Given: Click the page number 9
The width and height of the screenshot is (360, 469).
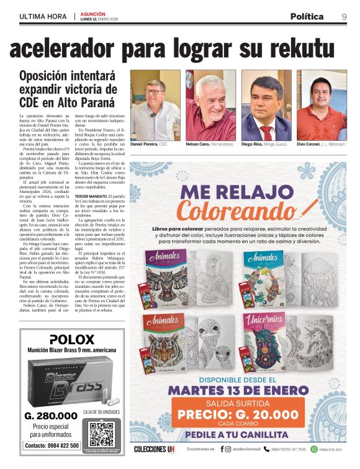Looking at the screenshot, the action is tap(344, 16).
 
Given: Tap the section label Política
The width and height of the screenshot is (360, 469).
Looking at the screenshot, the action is tap(307, 16).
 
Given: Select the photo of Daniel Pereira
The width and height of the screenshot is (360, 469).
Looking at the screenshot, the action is tap(155, 105).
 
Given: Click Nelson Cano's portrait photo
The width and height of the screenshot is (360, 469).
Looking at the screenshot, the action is tap(210, 105).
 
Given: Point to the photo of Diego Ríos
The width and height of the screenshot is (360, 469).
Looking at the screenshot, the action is tap(266, 105).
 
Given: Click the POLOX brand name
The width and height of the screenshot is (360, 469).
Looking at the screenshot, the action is tap(71, 339).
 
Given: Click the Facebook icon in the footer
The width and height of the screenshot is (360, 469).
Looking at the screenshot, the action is tap(222, 449).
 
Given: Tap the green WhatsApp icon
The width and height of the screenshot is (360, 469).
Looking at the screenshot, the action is tap(314, 449).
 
